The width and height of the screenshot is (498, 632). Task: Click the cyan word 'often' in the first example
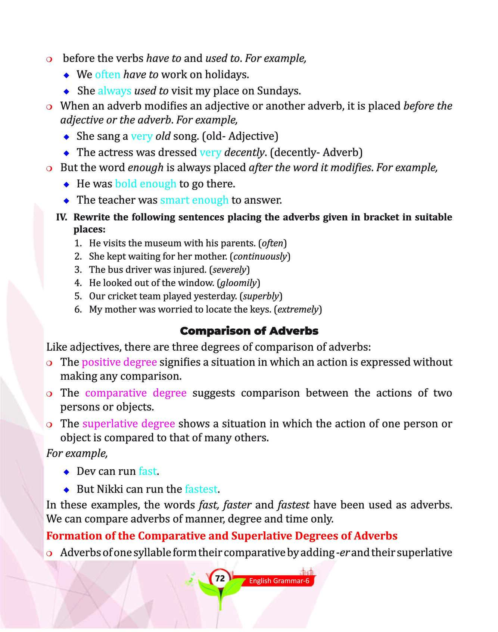coord(108,75)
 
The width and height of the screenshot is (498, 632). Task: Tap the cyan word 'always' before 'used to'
coord(114,91)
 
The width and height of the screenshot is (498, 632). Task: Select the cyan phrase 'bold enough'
coord(146,184)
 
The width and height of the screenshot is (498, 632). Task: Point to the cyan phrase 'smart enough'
coord(194,200)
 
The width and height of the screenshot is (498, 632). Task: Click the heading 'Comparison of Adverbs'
coord(249,331)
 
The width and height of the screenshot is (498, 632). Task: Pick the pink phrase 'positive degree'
coord(119,362)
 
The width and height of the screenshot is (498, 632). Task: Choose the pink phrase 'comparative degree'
coord(136,393)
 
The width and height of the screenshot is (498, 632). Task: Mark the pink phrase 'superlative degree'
coord(129,424)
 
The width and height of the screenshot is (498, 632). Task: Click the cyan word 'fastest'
coord(201,489)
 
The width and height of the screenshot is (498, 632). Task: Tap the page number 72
coord(220,578)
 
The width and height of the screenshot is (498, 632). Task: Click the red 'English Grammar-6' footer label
coord(279,581)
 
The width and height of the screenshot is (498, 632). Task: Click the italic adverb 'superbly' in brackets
coord(261,296)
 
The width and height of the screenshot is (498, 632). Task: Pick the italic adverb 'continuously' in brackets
coord(260,256)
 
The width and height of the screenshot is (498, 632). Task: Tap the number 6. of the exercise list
coord(78,309)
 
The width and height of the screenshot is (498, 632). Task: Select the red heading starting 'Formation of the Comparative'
coord(222,536)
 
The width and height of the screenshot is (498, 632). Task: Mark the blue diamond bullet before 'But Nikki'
coord(66,489)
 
